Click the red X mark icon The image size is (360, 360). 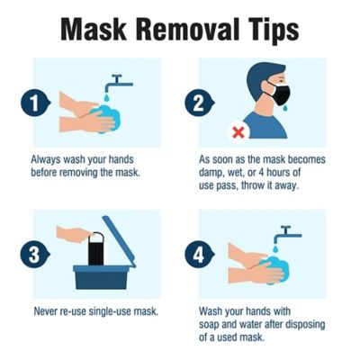(238, 132)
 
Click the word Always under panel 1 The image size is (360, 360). (48, 158)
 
